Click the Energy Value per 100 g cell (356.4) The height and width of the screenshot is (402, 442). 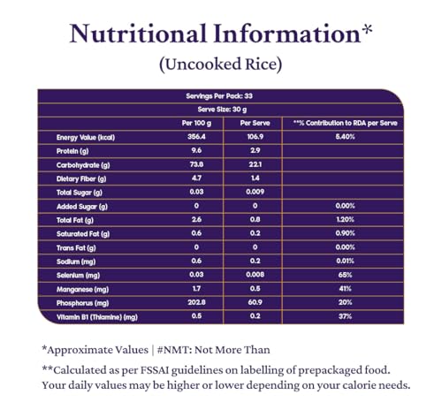196,137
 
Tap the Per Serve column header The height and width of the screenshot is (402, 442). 255,123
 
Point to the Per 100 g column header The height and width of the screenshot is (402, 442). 196,123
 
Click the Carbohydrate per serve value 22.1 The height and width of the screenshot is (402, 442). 255,164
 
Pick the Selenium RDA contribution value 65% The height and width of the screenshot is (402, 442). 345,275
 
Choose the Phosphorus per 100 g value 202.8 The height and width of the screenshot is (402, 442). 196,302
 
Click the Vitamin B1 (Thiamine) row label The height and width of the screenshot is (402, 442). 97,317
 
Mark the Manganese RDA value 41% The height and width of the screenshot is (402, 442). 345,289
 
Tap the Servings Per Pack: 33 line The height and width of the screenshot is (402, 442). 219,96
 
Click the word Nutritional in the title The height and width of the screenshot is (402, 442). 138,34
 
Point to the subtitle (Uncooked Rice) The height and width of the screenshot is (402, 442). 221,64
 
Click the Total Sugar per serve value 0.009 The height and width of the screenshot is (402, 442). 255,192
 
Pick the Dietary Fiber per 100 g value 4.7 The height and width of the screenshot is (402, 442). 196,178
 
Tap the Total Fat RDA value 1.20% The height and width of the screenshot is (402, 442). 345,219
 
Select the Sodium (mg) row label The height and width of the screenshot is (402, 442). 76,262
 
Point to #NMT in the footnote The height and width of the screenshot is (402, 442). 174,350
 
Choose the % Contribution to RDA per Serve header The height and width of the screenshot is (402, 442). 345,123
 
